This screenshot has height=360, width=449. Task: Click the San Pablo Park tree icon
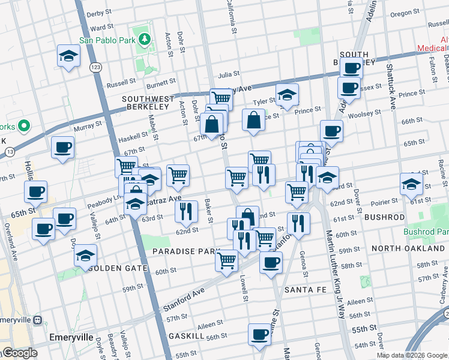(144, 39)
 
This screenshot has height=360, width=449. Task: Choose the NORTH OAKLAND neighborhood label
(408, 248)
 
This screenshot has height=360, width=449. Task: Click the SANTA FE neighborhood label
(305, 290)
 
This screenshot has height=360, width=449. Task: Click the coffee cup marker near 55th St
(259, 334)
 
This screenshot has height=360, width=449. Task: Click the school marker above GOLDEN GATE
(86, 254)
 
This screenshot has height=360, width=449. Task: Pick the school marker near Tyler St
(288, 94)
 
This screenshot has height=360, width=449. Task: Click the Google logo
(20, 353)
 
